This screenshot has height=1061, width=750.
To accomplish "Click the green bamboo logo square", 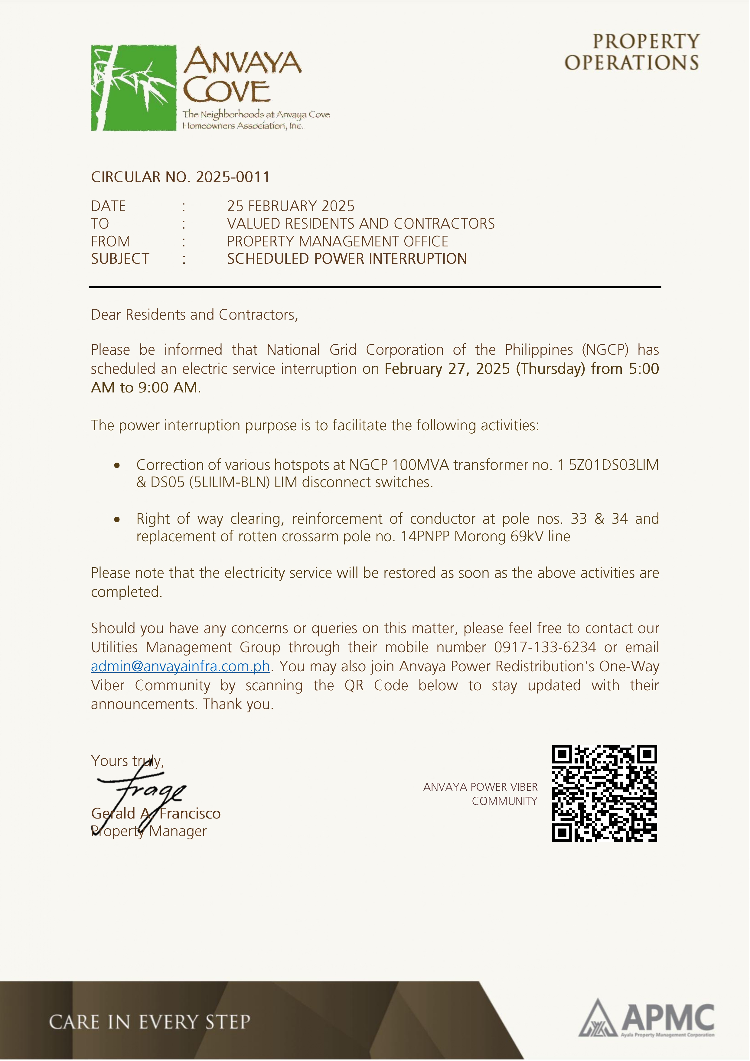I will pyautogui.click(x=134, y=88).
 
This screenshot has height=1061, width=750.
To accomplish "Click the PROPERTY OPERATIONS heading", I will pyautogui.click(x=632, y=52).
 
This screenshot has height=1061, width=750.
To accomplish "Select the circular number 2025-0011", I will pyautogui.click(x=233, y=177).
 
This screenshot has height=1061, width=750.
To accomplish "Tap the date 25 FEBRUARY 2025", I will pyautogui.click(x=291, y=206).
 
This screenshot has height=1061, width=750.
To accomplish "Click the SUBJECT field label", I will pyautogui.click(x=120, y=259).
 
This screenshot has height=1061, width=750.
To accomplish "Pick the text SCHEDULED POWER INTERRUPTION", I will pyautogui.click(x=347, y=259).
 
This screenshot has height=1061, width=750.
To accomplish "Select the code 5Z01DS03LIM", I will pyautogui.click(x=613, y=465).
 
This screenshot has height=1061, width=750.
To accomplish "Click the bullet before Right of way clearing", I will pyautogui.click(x=117, y=519).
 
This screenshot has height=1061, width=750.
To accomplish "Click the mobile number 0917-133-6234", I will pyautogui.click(x=545, y=647).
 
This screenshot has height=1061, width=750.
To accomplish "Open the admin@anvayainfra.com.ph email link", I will pyautogui.click(x=180, y=666).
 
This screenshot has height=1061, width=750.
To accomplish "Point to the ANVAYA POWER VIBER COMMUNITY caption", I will pyautogui.click(x=481, y=794).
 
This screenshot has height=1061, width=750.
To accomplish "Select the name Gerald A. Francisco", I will pyautogui.click(x=156, y=813).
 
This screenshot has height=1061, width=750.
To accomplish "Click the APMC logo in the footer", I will pyautogui.click(x=647, y=1019).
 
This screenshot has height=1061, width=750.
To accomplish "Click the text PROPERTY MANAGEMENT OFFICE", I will pyautogui.click(x=337, y=241).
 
